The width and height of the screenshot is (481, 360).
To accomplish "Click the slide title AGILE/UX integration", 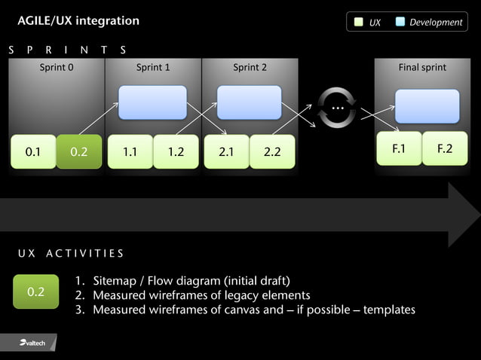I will [x=78, y=21].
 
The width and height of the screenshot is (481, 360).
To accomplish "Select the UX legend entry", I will [x=368, y=23].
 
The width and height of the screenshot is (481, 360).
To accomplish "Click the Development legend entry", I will [x=429, y=23].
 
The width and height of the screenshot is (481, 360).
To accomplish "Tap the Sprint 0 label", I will [x=57, y=68].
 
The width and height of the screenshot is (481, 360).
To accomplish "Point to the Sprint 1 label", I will [x=153, y=68].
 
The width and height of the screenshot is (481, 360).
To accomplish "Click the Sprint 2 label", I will [x=250, y=68].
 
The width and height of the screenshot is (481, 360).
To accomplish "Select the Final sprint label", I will [x=422, y=68].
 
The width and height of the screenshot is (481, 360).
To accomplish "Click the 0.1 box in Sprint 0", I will [x=33, y=151].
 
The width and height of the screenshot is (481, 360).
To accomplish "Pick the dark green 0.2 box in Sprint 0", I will [x=79, y=151].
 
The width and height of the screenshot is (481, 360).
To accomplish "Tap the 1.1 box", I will [x=130, y=151].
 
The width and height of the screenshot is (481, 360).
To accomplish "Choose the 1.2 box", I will [x=176, y=151].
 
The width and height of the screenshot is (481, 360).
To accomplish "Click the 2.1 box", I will [x=226, y=151].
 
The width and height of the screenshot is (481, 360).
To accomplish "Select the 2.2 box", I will [x=272, y=151].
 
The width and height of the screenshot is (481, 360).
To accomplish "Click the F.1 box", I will [x=399, y=148].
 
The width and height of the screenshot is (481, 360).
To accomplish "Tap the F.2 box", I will [x=445, y=148].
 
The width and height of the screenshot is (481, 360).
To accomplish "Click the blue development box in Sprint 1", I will [x=152, y=102].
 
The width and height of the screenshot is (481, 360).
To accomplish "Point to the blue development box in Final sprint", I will [x=427, y=106].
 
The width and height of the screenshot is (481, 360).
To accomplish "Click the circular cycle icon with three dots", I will [x=336, y=108].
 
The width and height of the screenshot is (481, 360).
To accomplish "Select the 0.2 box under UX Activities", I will [x=36, y=291].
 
